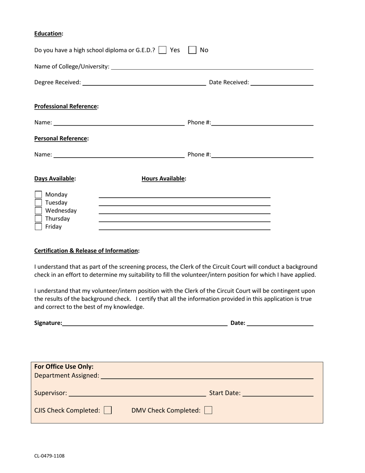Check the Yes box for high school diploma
point(163,50)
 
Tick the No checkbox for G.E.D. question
point(192,50)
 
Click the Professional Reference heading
point(66,106)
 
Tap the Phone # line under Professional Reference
point(262,123)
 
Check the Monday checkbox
point(38,195)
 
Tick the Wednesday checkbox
point(38,211)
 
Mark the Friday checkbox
point(38,227)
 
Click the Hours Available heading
point(163,178)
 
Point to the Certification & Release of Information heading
point(86,251)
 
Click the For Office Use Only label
point(64,367)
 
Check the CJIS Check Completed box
point(108,410)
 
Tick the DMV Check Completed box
point(208,410)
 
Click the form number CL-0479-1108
point(49,456)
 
